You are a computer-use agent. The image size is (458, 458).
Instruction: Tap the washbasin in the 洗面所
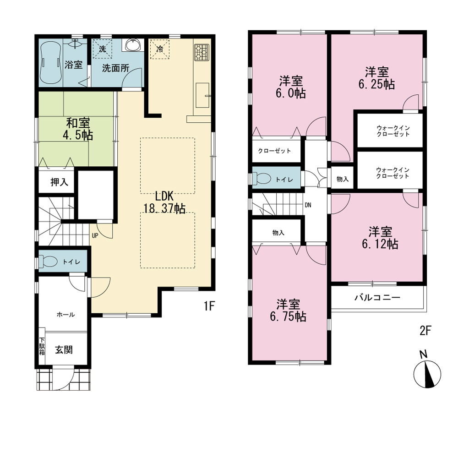(x=133, y=45)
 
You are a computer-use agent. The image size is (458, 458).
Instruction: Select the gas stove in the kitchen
(x=202, y=52)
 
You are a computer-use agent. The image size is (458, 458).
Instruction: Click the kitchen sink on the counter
(x=202, y=95)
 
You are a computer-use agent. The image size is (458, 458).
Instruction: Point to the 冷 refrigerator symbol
(x=159, y=49)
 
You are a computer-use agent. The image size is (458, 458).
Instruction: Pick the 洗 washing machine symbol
(x=102, y=49)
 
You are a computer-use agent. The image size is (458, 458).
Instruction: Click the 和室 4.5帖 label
(x=78, y=129)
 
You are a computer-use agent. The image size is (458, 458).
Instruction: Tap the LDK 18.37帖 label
(x=164, y=202)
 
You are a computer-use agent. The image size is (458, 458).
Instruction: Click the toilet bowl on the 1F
(x=48, y=262)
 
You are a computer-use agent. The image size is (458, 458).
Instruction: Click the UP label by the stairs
(x=95, y=235)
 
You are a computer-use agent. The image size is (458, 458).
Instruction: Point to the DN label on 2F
(x=308, y=205)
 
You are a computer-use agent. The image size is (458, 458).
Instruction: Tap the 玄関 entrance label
(x=64, y=349)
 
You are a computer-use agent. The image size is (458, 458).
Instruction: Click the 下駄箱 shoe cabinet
(x=42, y=346)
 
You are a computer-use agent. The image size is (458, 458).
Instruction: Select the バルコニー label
(x=377, y=298)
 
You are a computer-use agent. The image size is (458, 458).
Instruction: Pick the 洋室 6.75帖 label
(x=288, y=310)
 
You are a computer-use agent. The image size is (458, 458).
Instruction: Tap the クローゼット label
(x=274, y=151)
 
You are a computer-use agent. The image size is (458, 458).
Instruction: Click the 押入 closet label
(x=59, y=182)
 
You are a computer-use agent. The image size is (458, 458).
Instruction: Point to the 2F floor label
(x=425, y=331)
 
